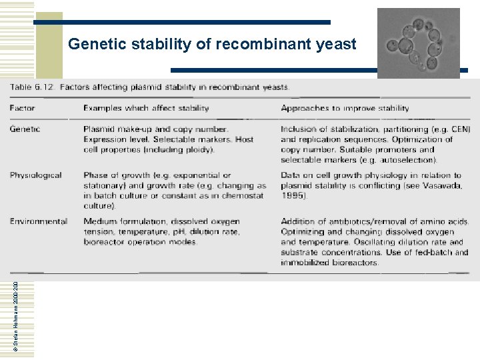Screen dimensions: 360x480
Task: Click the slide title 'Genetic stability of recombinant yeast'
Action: (212, 45)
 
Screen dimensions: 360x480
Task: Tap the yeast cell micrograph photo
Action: (419, 41)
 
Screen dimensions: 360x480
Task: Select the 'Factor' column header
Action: (23, 108)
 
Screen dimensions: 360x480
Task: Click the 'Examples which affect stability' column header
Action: (146, 108)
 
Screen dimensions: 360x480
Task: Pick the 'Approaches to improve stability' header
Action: (345, 108)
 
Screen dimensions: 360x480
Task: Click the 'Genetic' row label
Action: (25, 129)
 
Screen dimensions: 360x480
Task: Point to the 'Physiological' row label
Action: (36, 175)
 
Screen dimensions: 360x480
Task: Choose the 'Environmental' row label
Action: (39, 221)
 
